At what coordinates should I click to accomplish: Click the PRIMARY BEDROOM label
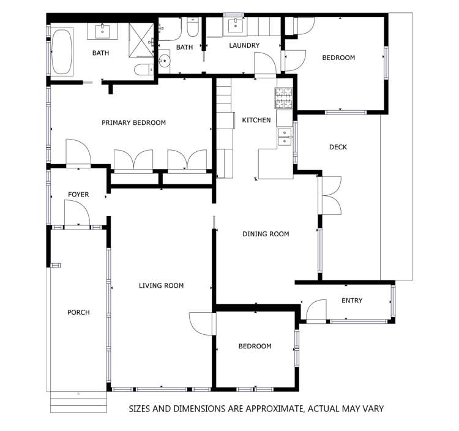point(133,123)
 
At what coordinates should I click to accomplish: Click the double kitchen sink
point(284,137)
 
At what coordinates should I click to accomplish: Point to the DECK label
point(338,147)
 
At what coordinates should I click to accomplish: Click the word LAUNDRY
point(244,45)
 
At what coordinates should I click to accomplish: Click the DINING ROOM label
point(266,234)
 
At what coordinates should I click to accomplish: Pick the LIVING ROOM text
point(161,285)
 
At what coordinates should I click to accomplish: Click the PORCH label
point(78,312)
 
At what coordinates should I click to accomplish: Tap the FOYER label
point(78,195)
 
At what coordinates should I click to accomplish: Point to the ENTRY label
point(352,301)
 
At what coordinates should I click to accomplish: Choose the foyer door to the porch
point(78,215)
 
